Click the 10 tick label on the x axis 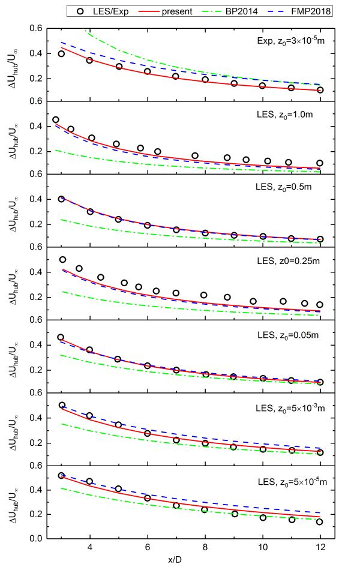[x=263, y=547]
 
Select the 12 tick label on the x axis [x=320, y=547]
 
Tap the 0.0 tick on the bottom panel [x=37, y=539]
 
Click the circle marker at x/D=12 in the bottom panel [x=320, y=522]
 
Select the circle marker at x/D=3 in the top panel [x=61, y=53]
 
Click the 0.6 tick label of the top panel [x=37, y=29]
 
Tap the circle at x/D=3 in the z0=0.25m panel [x=62, y=259]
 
